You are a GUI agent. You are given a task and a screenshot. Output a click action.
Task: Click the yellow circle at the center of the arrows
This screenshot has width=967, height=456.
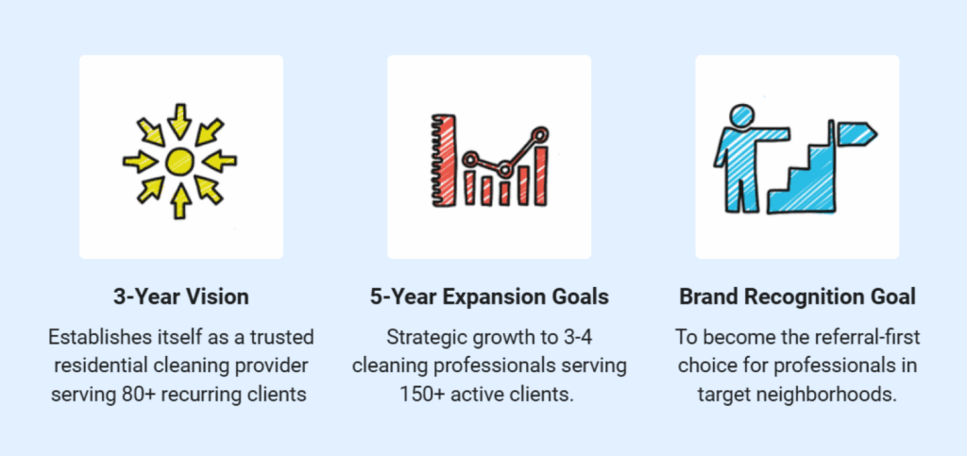click(179, 161)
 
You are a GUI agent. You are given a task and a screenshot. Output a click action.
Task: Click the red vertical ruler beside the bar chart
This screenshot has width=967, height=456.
click(441, 159)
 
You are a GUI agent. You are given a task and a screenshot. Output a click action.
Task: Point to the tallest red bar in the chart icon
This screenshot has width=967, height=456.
click(540, 175)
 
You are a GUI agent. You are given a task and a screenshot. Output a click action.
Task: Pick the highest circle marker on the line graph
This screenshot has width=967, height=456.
click(540, 135)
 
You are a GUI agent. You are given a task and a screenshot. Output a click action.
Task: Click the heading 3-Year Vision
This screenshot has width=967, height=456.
click(180, 296)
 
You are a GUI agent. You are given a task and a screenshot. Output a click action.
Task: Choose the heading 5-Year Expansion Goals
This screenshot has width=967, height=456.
click(489, 296)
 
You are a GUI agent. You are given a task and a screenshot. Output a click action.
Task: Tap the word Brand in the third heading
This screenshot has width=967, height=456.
click(706, 296)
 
